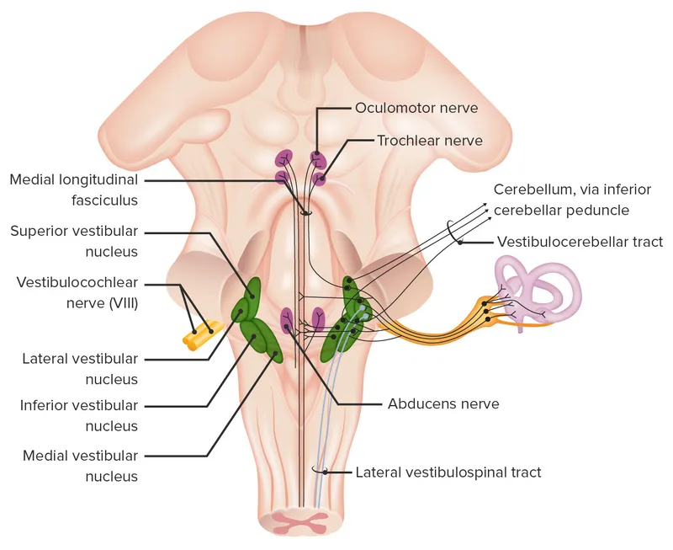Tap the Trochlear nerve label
point(429,141)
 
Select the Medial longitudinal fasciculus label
point(74,190)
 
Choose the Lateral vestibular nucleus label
point(81,369)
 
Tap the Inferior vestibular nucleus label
point(79,416)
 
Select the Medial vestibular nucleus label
point(81,466)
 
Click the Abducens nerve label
point(443,403)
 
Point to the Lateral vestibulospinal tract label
point(448,473)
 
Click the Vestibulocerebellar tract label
point(580,242)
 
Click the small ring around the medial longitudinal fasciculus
point(305,212)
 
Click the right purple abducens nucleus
point(318,318)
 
